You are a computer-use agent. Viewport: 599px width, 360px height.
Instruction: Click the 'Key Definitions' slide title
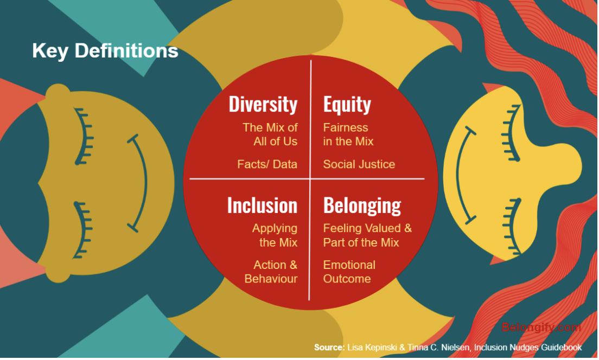[x=105, y=51]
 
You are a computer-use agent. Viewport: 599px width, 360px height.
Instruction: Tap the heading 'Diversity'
[x=263, y=104]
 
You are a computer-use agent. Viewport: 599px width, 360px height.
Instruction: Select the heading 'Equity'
[x=347, y=104]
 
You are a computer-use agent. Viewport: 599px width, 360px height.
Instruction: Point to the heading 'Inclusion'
[x=262, y=205]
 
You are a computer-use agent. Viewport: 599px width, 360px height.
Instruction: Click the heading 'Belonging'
[x=362, y=205]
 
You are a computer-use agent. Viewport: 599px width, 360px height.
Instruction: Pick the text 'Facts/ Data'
[x=267, y=164]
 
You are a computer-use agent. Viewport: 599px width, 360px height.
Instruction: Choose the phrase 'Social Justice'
[x=359, y=164]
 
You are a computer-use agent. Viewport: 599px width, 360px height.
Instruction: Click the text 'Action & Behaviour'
[x=271, y=272]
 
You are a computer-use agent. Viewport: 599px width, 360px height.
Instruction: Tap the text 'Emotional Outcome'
[x=349, y=272]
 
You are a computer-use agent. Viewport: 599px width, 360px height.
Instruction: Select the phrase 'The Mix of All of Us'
[x=270, y=134]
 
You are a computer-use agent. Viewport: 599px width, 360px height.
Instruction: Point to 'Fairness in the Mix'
[x=348, y=134]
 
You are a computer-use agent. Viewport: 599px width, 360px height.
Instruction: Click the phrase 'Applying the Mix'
[x=275, y=235]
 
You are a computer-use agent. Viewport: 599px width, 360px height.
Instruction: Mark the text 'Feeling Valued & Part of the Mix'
[x=367, y=235]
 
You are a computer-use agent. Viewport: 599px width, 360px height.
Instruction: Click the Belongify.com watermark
[x=540, y=327]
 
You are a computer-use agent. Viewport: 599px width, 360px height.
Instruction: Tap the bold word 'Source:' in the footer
[x=329, y=347]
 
